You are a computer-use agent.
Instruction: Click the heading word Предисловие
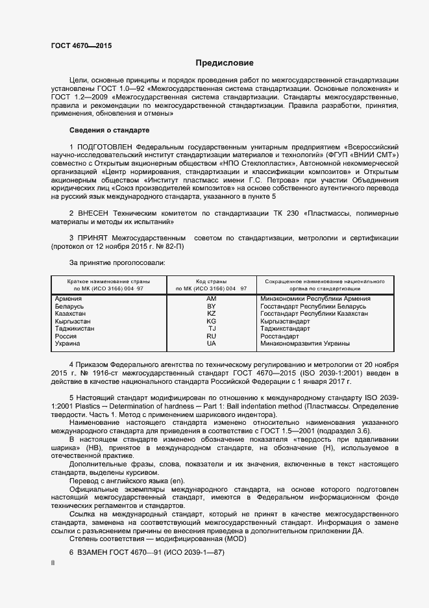click(225, 63)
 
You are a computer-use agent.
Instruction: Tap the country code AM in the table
click(211, 298)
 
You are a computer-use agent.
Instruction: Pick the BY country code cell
click(211, 306)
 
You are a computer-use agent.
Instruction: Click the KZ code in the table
click(211, 314)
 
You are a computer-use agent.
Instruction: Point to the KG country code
click(211, 322)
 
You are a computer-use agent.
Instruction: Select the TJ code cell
click(211, 329)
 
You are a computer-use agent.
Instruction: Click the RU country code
click(211, 336)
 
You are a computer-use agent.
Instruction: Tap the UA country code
click(211, 344)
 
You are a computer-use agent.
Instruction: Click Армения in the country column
click(69, 298)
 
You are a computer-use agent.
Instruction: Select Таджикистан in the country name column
click(75, 329)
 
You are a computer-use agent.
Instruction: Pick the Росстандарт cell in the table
click(279, 336)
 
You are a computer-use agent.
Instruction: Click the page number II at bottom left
click(53, 564)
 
